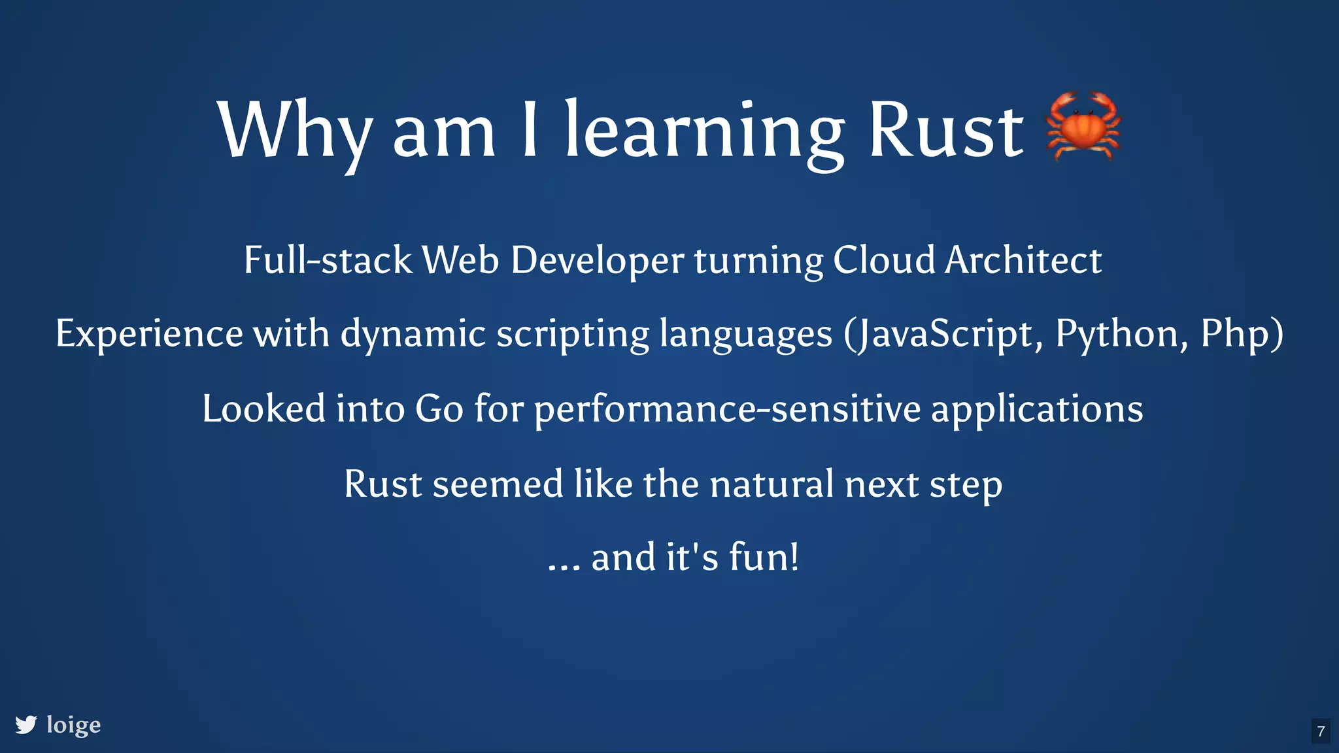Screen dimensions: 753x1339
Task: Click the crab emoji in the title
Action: [x=1083, y=126]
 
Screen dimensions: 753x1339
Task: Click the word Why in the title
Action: [x=295, y=131]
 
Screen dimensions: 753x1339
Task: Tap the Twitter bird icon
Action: [x=26, y=725]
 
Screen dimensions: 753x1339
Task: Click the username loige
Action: [x=74, y=725]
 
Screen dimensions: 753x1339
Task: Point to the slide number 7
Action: [x=1321, y=731]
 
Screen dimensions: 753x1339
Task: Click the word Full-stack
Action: [x=328, y=260]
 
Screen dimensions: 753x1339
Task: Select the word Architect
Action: [x=1023, y=260]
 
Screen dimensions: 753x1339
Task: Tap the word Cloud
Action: [x=884, y=260]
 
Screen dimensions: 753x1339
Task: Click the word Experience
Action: [x=150, y=334]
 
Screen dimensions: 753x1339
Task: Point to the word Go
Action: [x=439, y=409]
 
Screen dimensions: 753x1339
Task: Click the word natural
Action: [x=771, y=484]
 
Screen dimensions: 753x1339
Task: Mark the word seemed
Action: [x=498, y=484]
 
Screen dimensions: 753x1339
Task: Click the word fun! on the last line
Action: [x=764, y=557]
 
